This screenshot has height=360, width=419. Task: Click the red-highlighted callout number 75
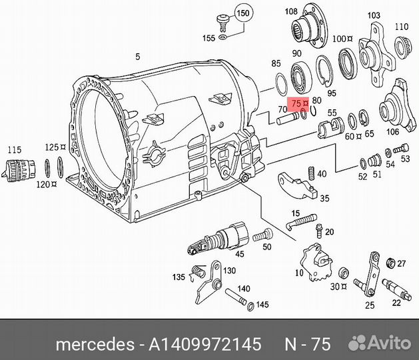296,104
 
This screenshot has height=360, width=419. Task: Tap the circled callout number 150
244,13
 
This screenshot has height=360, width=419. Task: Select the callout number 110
401,27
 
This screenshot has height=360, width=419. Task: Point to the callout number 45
240,253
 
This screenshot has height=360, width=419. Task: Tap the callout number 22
396,303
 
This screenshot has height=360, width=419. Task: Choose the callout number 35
325,198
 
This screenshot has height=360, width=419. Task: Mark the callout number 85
276,64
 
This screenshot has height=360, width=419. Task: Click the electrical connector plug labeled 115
17,169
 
